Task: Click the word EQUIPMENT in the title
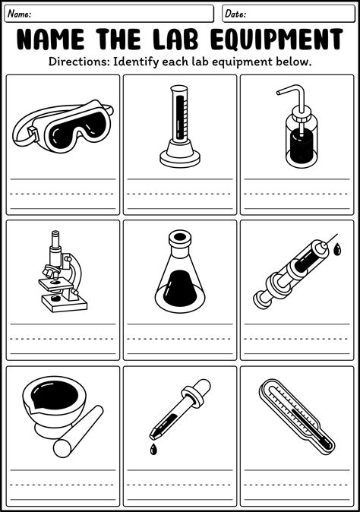276,39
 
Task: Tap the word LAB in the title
175,39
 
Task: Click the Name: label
20,14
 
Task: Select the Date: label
235,14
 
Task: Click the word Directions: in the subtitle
79,62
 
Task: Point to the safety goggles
63,125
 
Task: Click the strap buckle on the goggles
33,133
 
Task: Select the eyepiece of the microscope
55,239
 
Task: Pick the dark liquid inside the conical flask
180,289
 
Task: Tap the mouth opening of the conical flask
180,236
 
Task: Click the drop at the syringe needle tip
338,250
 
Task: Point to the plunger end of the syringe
261,300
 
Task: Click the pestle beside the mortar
78,431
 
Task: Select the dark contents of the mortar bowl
55,395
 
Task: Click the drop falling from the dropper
153,449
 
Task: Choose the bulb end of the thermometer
327,444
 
